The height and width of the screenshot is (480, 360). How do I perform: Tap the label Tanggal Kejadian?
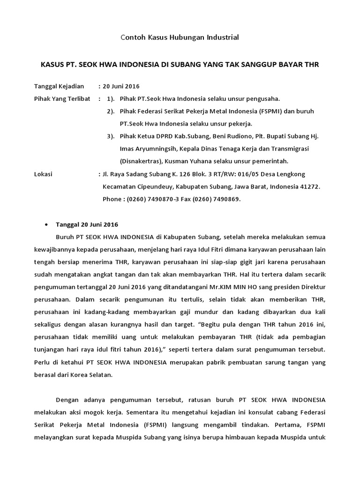tap(59, 86)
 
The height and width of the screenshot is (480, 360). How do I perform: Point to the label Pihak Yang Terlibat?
tap(62, 99)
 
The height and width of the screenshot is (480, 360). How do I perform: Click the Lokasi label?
tap(44, 174)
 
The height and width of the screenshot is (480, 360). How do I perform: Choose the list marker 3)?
tap(111, 136)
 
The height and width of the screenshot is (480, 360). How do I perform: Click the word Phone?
tap(112, 199)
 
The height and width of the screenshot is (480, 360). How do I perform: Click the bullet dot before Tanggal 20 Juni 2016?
tap(46, 225)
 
